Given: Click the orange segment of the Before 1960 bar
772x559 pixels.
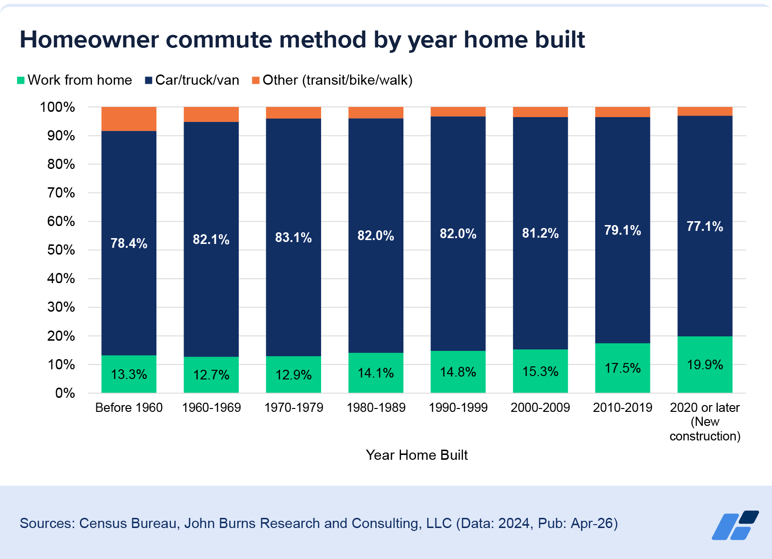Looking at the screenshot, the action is tap(128, 119).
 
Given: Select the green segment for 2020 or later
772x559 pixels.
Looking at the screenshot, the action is tap(705, 364).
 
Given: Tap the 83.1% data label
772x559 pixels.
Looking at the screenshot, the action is tap(293, 237).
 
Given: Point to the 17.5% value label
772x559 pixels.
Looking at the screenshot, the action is tap(622, 368).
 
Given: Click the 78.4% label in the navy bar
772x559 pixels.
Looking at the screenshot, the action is tap(128, 243).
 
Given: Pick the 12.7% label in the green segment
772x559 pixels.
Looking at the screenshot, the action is tap(211, 375).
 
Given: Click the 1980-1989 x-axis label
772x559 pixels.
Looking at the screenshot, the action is tap(376, 408).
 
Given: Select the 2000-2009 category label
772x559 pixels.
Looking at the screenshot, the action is tap(540, 408).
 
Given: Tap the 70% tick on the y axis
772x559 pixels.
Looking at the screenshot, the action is tap(61, 193).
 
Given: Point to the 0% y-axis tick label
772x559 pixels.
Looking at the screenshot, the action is tap(65, 393).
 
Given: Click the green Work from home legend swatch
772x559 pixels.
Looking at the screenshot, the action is tap(21, 80).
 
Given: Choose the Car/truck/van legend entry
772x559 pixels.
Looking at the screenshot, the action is tap(192, 80).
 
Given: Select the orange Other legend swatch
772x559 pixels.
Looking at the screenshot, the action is tap(256, 80).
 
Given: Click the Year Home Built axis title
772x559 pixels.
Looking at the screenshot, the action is tap(417, 455).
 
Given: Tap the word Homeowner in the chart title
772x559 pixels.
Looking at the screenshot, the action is tap(89, 40).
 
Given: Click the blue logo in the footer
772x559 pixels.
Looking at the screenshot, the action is tap(735, 525).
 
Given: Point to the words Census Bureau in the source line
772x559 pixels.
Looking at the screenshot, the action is tap(128, 523).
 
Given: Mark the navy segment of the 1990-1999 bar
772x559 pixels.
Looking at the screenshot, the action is tap(458, 234).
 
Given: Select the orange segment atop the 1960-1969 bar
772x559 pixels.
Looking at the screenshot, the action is tap(211, 114).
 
